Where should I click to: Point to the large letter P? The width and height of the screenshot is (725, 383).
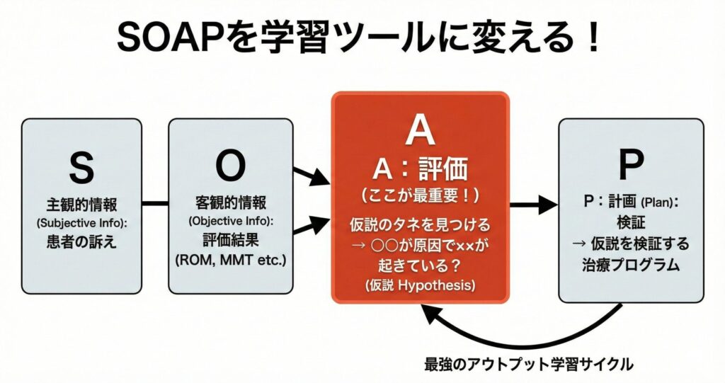click(631, 164)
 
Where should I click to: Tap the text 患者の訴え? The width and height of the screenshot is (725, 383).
click(81, 242)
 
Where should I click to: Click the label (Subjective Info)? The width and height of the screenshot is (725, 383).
click(81, 224)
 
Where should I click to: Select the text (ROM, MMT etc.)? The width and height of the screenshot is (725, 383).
click(230, 261)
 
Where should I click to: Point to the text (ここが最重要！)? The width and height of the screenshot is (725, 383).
click(420, 194)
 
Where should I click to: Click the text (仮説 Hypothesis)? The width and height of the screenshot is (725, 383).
click(420, 287)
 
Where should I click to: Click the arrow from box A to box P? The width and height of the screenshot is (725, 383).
click(532, 206)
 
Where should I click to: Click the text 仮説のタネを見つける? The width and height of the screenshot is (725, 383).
click(420, 226)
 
